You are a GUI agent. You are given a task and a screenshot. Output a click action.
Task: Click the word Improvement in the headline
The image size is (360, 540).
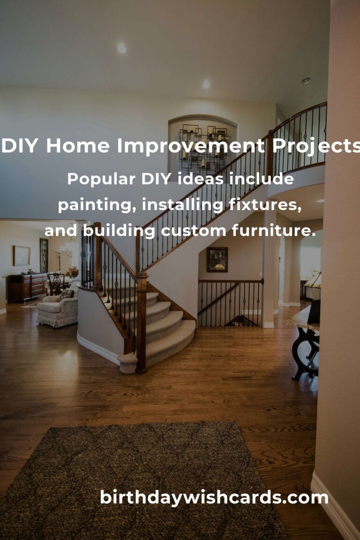click(190, 147)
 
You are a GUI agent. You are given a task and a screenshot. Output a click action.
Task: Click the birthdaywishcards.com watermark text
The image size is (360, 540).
click(214, 497)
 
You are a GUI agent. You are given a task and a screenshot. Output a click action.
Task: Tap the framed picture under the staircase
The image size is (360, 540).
click(217, 259)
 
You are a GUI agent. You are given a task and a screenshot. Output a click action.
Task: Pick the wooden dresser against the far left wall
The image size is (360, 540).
click(27, 287)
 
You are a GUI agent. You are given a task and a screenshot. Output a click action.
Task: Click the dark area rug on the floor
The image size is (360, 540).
click(141, 483)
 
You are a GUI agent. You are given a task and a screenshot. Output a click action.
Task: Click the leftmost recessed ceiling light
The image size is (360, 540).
click(121, 48)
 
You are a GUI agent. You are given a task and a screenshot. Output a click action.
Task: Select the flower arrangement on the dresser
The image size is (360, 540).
click(72, 272)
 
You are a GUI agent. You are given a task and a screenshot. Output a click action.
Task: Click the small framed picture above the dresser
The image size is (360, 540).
click(21, 255)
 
